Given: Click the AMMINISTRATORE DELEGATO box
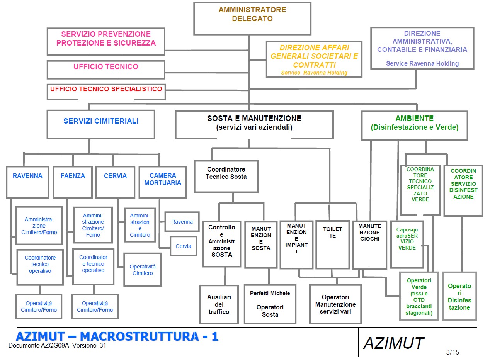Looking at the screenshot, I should tap(252, 19).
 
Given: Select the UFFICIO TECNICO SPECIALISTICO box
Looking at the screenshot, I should tap(106, 92).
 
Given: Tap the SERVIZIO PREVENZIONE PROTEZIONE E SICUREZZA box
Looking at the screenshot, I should tap(106, 41).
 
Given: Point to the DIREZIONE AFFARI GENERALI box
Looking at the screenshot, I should tap(314, 59).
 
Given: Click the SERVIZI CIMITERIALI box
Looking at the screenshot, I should tap(101, 124).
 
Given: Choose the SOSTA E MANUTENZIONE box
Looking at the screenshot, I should tap(254, 124).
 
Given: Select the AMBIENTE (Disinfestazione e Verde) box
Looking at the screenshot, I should tap(414, 125).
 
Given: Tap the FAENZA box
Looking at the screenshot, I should tap(73, 182).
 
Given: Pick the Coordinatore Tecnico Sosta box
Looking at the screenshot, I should tap(226, 176).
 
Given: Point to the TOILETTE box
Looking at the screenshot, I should tap(332, 244).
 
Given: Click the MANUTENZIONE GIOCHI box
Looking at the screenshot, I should tap(369, 244).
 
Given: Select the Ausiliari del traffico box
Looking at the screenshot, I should tap(219, 304).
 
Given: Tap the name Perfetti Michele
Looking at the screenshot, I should tap(270, 293).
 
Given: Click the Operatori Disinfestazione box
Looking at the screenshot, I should tap(459, 296).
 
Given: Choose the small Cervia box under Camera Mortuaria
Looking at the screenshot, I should tap(183, 246).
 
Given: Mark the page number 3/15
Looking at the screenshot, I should tap(453, 352).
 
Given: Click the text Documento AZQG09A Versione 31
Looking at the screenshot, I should tap(57, 346).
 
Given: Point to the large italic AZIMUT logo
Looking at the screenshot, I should tap(393, 343).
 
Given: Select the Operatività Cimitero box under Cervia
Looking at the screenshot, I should tap(143, 270).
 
